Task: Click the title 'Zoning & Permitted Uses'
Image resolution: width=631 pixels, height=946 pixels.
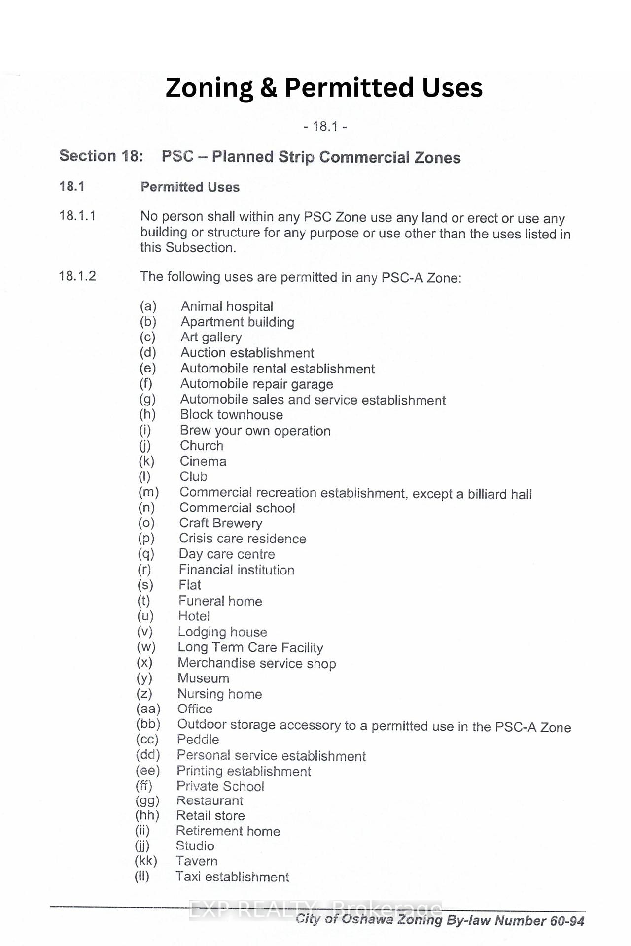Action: click(x=324, y=88)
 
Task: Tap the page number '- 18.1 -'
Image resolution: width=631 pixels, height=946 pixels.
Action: click(x=325, y=127)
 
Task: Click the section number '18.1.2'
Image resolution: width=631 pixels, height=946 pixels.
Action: click(x=77, y=276)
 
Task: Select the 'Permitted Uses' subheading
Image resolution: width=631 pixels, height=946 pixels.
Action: click(x=190, y=187)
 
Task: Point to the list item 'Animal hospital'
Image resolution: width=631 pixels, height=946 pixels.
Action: click(x=227, y=306)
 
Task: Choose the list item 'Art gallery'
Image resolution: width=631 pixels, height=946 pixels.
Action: click(x=211, y=338)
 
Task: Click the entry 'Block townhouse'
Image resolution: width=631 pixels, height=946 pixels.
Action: click(x=231, y=415)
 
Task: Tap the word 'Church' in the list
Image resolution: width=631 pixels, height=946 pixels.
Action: click(x=202, y=446)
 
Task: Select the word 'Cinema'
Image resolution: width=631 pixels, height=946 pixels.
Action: click(x=203, y=462)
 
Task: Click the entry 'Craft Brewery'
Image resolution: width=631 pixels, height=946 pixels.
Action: click(x=220, y=523)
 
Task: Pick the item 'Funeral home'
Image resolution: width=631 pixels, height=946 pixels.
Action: click(x=220, y=601)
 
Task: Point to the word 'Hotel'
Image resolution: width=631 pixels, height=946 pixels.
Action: click(x=194, y=616)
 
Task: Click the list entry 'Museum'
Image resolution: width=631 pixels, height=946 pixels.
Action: click(x=203, y=678)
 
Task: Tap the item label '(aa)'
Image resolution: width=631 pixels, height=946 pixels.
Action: click(x=148, y=709)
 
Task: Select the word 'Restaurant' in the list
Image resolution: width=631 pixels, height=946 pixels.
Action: click(x=210, y=801)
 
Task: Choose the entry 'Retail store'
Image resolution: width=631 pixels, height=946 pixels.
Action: click(x=210, y=816)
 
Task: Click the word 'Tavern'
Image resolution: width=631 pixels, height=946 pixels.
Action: click(x=196, y=861)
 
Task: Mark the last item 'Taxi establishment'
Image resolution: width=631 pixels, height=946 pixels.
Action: click(x=232, y=877)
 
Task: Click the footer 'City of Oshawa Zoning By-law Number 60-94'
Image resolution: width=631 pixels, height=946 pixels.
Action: click(x=440, y=920)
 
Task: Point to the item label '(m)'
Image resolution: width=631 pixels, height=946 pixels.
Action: click(x=148, y=492)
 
